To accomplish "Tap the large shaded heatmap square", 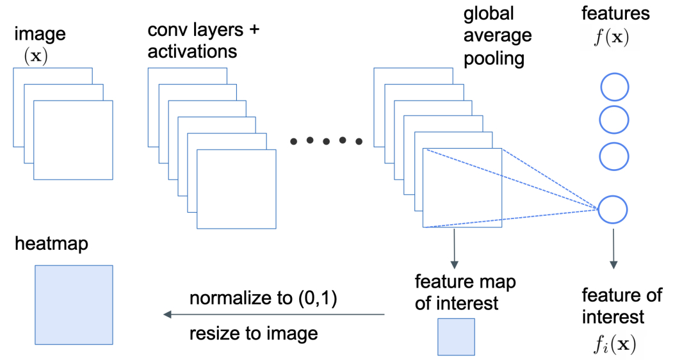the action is click(74, 305).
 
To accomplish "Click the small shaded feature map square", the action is click(456, 337).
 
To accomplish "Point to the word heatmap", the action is click(51, 243).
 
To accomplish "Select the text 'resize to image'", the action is click(254, 334).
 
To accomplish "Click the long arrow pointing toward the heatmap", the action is click(274, 315).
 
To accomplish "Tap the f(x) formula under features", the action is click(612, 37).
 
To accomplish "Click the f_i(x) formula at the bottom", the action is click(615, 344).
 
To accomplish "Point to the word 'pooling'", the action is click(494, 58).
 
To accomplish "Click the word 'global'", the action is click(489, 13).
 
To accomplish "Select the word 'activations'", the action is click(192, 51).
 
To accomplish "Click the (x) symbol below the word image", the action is click(36, 56).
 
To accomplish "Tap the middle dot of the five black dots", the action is click(326, 141).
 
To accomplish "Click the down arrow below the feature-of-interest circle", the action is click(613, 249).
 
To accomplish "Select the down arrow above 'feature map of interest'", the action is click(455, 249).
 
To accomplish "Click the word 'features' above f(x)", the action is click(615, 13).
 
